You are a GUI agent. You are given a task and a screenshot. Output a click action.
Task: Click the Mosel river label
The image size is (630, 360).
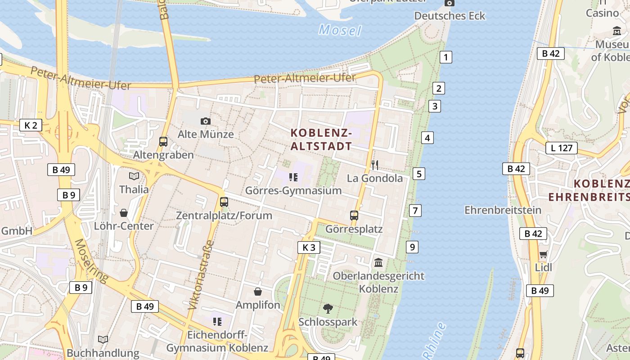[x=340, y=30]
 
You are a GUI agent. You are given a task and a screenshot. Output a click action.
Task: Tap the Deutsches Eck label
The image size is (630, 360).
[x=450, y=16]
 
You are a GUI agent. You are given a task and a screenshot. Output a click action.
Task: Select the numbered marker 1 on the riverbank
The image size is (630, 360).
[x=445, y=57]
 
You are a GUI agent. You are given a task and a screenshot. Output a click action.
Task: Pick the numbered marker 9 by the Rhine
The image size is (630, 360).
[x=412, y=247]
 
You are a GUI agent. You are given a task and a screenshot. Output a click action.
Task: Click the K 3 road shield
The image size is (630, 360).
[x=309, y=247]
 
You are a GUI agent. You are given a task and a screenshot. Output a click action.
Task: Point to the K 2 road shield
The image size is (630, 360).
[x=31, y=125]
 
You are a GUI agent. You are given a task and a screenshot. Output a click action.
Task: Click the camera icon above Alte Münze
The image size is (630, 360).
[x=206, y=121]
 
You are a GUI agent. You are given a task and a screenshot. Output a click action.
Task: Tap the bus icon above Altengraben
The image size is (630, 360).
[x=163, y=141]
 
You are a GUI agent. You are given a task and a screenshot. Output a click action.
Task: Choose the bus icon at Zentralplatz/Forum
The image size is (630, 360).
[x=224, y=202]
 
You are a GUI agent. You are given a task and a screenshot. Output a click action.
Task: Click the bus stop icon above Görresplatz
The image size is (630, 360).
[x=354, y=215]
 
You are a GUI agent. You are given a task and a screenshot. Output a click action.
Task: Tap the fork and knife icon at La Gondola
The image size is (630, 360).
[x=375, y=165]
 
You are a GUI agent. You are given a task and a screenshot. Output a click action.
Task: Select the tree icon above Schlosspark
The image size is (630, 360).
[x=328, y=308]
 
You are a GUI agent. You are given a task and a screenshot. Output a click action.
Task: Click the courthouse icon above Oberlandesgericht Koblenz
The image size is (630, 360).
[x=378, y=262]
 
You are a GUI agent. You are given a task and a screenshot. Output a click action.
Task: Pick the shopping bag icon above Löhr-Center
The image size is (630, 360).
[x=124, y=212]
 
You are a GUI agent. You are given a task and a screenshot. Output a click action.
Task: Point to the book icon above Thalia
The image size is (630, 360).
[x=134, y=176]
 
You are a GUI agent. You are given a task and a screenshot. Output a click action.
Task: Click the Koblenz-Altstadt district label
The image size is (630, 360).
[x=321, y=139]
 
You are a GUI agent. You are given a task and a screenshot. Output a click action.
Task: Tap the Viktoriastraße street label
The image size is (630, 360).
[x=201, y=275]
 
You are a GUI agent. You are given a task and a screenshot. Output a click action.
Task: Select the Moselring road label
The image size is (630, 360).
[x=91, y=261]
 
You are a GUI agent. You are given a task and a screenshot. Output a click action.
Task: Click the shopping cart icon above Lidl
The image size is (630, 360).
[x=543, y=254]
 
